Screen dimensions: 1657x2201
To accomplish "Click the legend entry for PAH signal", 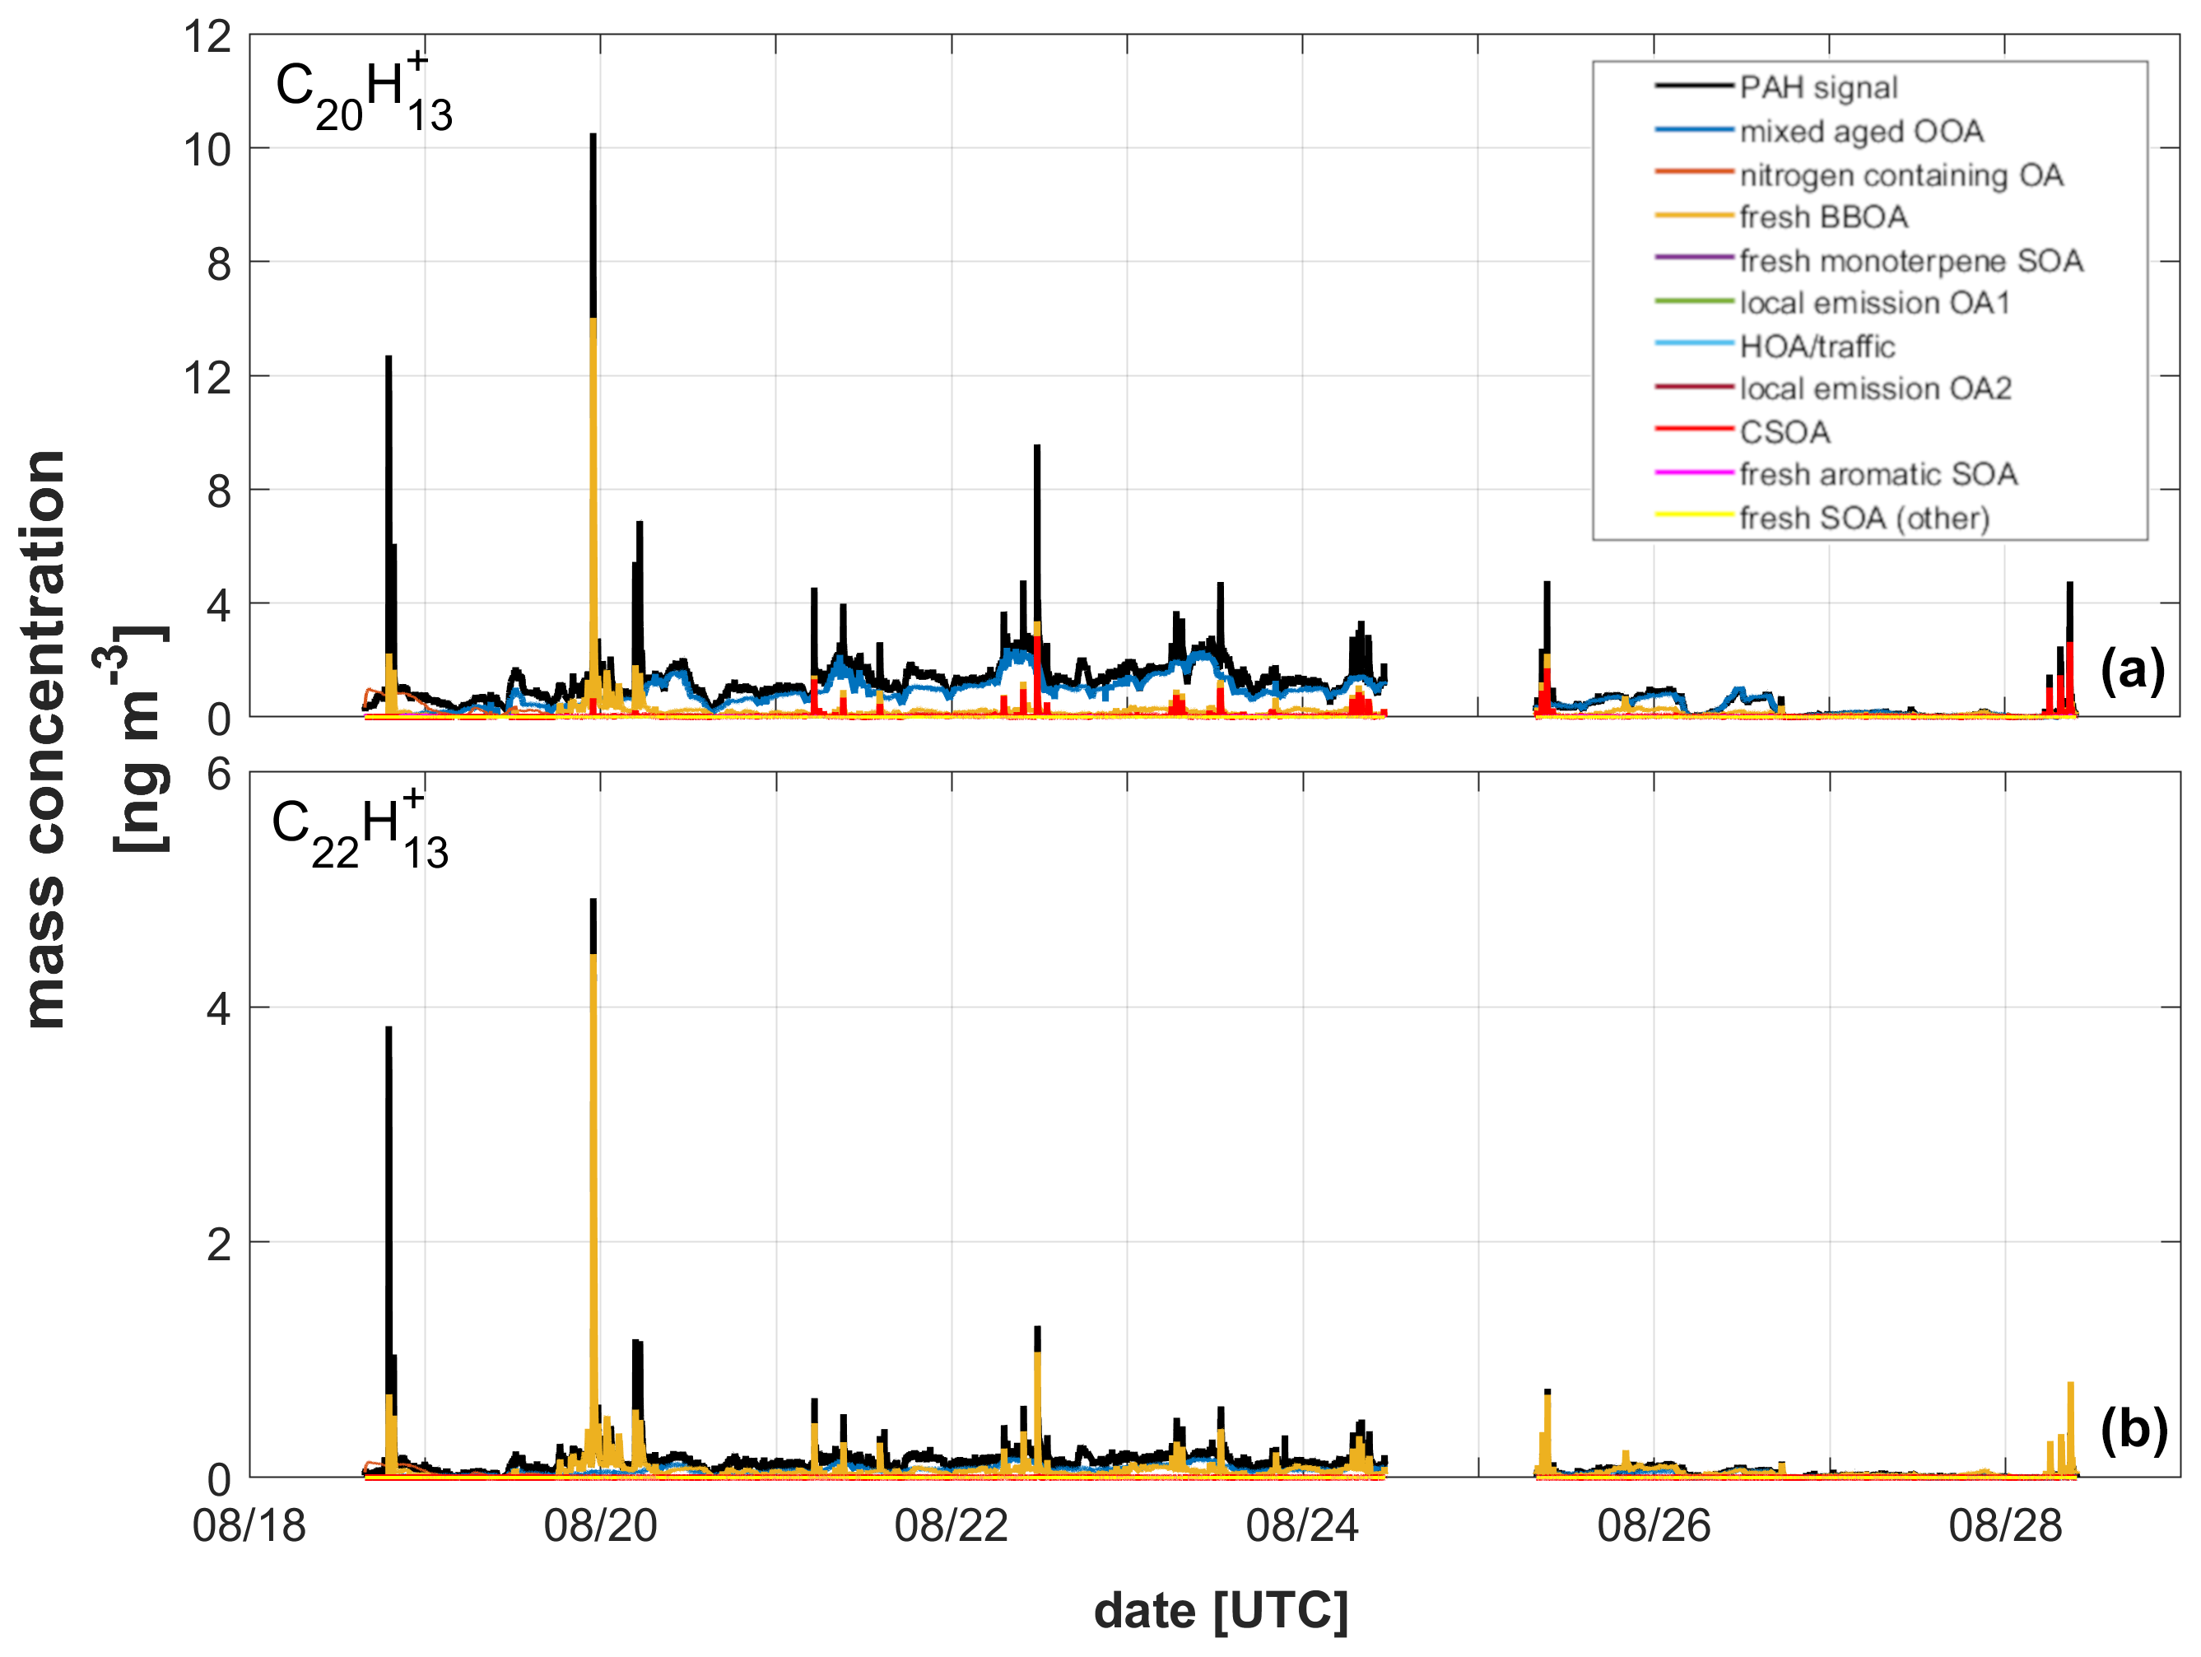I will [x=1818, y=87].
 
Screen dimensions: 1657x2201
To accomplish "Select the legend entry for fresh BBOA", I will [x=1823, y=217].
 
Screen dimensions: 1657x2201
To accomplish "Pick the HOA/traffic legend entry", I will [x=1817, y=347].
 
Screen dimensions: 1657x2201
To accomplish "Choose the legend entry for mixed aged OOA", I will [x=1861, y=132].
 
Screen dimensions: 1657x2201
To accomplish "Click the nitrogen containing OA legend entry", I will [x=1901, y=175].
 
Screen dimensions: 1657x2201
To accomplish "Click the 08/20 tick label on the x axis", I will [x=600, y=1525].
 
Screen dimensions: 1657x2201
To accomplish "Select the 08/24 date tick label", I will [x=1302, y=1525].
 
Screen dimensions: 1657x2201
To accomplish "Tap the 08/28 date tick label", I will [x=2005, y=1525].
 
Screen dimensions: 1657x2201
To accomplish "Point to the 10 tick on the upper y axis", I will [x=207, y=151].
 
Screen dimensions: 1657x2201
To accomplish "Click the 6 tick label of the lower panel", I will [x=218, y=775].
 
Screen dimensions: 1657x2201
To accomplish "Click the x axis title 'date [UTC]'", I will [x=1221, y=1610].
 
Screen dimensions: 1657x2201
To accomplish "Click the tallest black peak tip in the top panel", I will [x=593, y=134].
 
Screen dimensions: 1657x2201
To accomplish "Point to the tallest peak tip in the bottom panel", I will [x=593, y=900].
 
